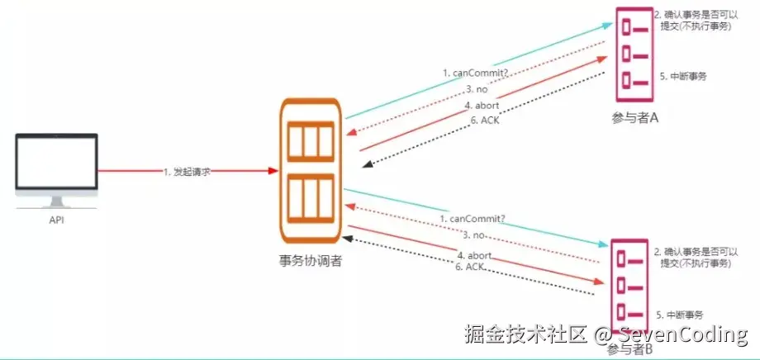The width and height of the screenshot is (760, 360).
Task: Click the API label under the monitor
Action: tap(57, 221)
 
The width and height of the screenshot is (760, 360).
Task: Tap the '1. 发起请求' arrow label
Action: tap(188, 171)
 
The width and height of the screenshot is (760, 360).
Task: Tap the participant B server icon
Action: tap(631, 285)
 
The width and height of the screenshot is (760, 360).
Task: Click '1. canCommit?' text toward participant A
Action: tap(474, 73)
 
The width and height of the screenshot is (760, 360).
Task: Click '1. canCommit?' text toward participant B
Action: tap(473, 219)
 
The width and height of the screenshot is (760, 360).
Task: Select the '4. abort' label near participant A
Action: tap(482, 105)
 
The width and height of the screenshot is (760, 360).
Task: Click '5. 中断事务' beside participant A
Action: tap(683, 76)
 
